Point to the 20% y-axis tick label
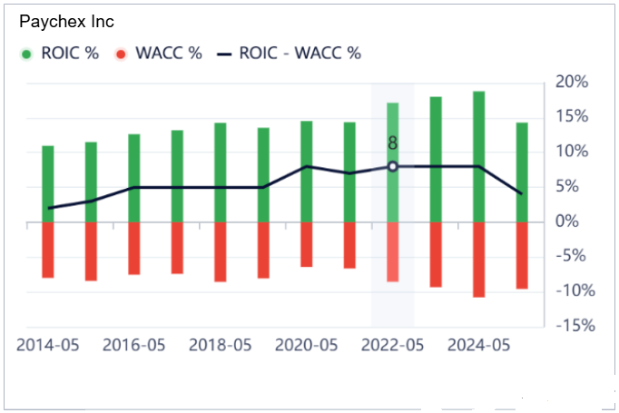(x=572, y=83)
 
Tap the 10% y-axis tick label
(x=572, y=152)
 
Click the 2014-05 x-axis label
(x=48, y=346)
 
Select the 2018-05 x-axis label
(x=221, y=346)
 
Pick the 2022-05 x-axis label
(x=393, y=346)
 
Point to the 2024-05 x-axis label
(x=478, y=346)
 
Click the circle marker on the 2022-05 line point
(x=393, y=166)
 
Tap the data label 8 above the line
(x=393, y=143)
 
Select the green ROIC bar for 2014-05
(x=48, y=183)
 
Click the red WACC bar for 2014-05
(x=48, y=250)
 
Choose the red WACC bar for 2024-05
(x=478, y=259)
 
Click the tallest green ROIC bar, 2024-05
(x=478, y=156)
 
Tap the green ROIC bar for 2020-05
(x=307, y=171)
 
